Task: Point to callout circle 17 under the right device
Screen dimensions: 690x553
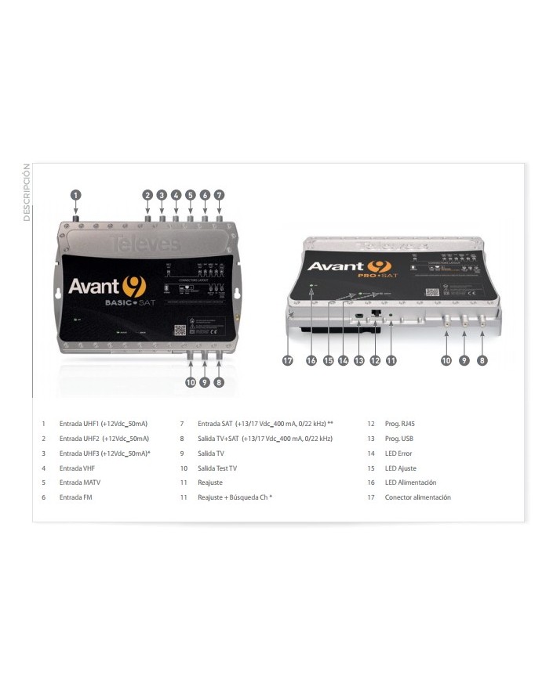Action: pyautogui.click(x=288, y=360)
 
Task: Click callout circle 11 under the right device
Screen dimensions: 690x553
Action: pyautogui.click(x=390, y=360)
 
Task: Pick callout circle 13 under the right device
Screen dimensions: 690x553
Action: pyautogui.click(x=358, y=360)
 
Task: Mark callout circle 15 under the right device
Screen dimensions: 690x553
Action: pyautogui.click(x=327, y=360)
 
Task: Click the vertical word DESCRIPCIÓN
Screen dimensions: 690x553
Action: pyautogui.click(x=27, y=193)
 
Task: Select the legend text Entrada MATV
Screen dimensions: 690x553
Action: pyautogui.click(x=80, y=483)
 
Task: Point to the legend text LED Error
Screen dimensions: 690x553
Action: pyautogui.click(x=398, y=453)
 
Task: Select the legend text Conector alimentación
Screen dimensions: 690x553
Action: pyautogui.click(x=417, y=497)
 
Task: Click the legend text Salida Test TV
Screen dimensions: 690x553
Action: pyautogui.click(x=216, y=468)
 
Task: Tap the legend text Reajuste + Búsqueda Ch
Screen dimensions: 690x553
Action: pyautogui.click(x=234, y=497)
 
